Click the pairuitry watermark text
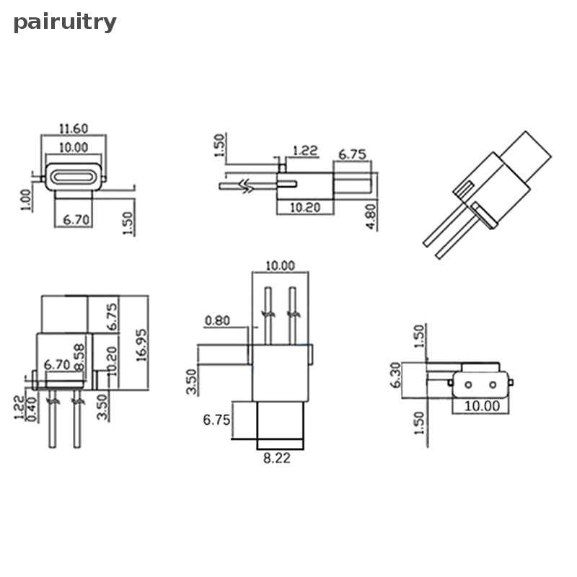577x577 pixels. (65, 22)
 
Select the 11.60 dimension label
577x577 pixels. (74, 128)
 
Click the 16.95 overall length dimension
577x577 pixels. (141, 343)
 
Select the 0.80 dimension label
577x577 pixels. (219, 320)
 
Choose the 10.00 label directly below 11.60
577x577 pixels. (74, 146)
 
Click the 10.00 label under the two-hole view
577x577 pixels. (482, 405)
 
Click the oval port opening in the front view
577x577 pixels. (75, 175)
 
